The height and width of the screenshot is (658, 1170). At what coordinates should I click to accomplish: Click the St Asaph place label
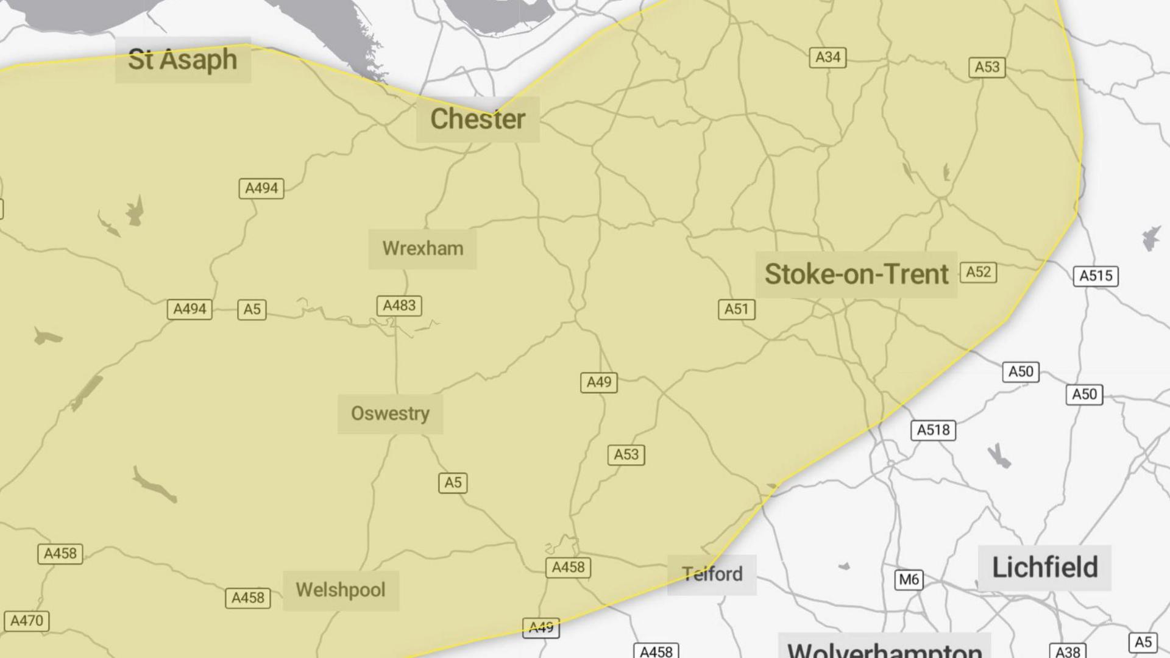[x=182, y=60]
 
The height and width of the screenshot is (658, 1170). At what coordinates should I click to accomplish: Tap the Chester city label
[x=478, y=119]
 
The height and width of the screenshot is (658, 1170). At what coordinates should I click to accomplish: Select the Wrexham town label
[x=422, y=249]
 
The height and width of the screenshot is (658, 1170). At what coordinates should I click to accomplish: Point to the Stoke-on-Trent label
[x=856, y=274]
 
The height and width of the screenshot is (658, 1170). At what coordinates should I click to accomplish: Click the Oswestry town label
[x=390, y=413]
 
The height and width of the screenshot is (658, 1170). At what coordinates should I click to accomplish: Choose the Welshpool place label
[x=341, y=590]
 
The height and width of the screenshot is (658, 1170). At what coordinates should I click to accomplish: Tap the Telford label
[x=712, y=574]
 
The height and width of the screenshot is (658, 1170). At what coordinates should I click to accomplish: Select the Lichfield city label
[x=1044, y=568]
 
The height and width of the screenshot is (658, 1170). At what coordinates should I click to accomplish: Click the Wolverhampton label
[x=884, y=649]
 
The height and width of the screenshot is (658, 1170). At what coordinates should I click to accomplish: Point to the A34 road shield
[x=828, y=57]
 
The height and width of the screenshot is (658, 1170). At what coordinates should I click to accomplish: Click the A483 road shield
[x=399, y=306]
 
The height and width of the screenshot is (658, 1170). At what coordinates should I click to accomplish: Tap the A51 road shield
[x=736, y=309]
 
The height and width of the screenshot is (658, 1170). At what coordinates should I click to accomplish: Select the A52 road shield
[x=978, y=272]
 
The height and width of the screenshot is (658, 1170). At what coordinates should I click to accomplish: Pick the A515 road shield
[x=1096, y=276]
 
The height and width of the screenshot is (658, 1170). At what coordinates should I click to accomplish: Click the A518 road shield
[x=933, y=430]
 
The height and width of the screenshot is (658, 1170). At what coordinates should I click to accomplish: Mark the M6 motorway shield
[x=909, y=579]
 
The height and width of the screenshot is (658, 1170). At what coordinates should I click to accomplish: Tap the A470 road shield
[x=27, y=621]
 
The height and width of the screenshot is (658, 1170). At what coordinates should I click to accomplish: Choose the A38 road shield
[x=1067, y=651]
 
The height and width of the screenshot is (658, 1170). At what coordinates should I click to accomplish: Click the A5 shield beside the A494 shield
[x=252, y=309]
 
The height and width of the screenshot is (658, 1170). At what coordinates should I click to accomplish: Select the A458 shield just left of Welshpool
[x=248, y=598]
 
